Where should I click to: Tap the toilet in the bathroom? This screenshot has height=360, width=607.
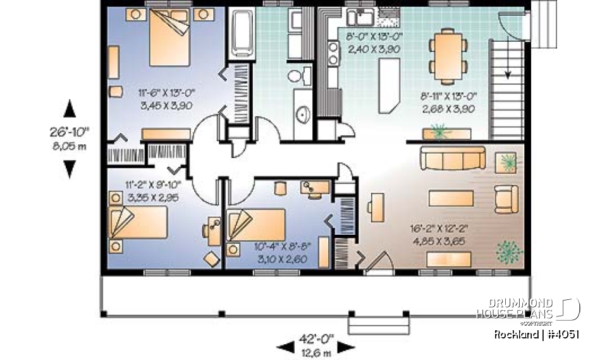click(x=295, y=77)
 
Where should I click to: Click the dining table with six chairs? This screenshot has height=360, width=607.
click(x=449, y=55)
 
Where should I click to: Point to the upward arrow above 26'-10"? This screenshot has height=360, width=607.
click(x=70, y=108)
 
